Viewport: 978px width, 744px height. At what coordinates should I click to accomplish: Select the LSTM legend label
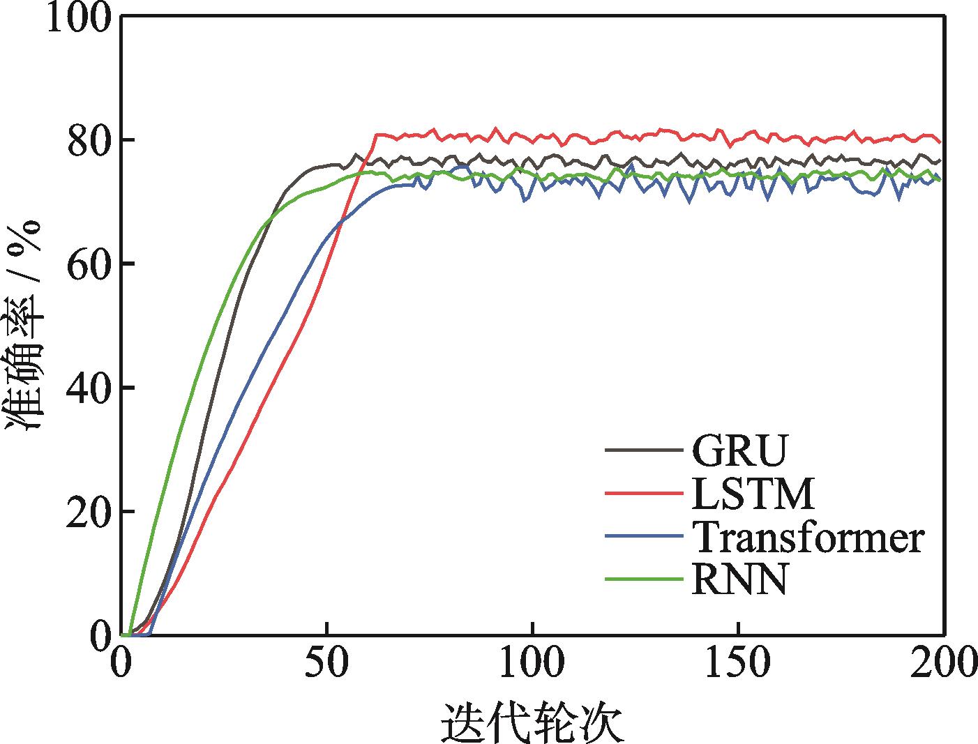[753, 494]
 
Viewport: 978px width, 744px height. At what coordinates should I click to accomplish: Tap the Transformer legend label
[808, 538]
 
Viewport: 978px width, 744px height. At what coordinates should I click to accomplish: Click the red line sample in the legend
[642, 492]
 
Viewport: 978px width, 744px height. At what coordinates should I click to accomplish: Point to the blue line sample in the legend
[642, 536]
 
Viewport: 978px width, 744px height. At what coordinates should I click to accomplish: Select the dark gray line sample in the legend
[642, 449]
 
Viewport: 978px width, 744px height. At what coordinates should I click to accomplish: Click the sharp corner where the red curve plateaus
[377, 135]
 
